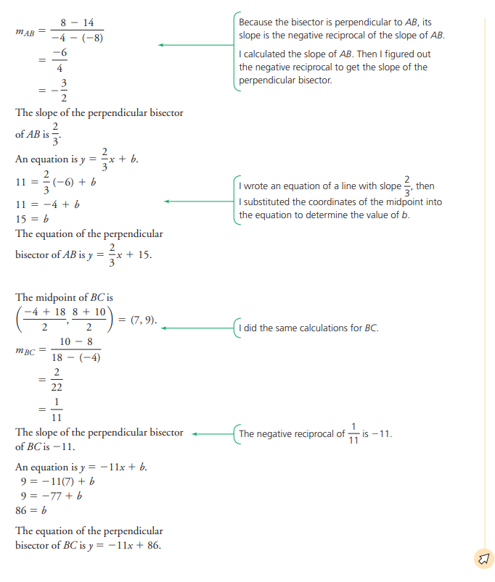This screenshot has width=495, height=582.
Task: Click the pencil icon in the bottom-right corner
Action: [483, 558]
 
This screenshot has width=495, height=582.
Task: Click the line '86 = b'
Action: [30, 510]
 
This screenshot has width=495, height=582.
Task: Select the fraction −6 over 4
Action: [60, 61]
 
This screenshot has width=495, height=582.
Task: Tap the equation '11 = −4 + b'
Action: [47, 204]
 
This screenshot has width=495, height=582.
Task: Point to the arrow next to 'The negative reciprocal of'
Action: [210, 434]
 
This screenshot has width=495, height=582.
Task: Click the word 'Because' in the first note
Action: [255, 22]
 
